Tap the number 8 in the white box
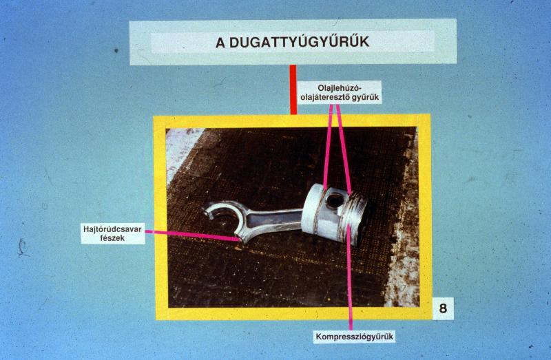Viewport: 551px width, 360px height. [x=443, y=308]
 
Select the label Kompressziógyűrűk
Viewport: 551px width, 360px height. [x=354, y=337]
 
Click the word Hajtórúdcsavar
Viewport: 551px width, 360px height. [x=112, y=230]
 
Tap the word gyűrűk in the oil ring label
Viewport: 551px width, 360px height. [x=366, y=98]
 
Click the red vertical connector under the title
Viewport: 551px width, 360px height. [x=293, y=89]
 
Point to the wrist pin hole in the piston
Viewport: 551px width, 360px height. [x=335, y=200]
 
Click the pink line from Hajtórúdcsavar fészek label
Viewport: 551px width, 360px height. [x=193, y=235]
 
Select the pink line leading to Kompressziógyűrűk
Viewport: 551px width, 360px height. [x=349, y=277]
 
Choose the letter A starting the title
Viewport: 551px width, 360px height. [x=220, y=43]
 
